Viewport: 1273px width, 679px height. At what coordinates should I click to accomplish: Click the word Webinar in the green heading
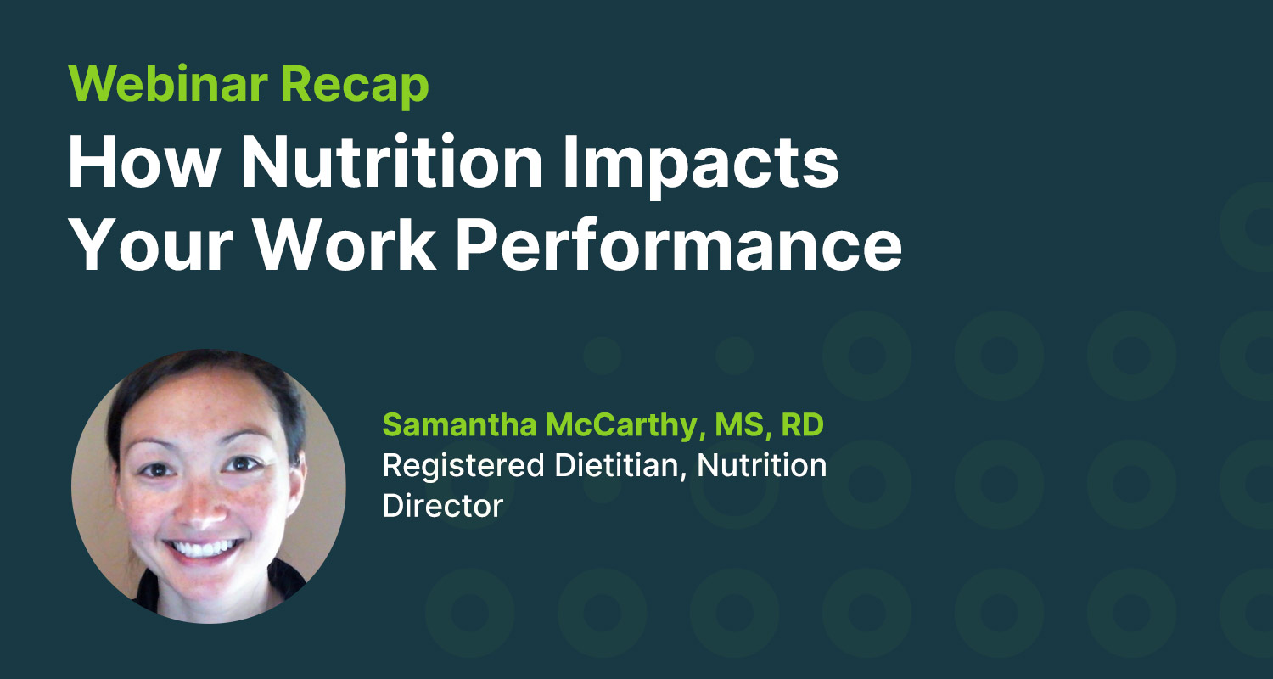tap(168, 83)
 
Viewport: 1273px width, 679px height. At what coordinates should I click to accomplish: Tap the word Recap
tap(355, 86)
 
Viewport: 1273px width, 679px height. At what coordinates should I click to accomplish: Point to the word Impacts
tap(701, 166)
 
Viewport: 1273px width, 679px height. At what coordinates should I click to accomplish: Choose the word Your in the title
tap(150, 244)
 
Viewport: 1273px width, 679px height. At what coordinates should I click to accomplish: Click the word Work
tap(345, 244)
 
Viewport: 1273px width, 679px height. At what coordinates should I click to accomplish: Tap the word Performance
tap(679, 244)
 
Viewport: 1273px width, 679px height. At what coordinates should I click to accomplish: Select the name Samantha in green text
tap(459, 424)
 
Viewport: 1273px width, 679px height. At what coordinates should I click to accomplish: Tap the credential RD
tap(803, 424)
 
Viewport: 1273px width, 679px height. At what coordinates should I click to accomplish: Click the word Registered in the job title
tap(463, 467)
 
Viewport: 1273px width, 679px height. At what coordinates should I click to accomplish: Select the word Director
tap(443, 506)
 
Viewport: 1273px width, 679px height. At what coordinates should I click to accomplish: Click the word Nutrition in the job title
tap(761, 465)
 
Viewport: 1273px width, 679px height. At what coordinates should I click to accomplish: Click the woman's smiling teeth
tap(203, 548)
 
